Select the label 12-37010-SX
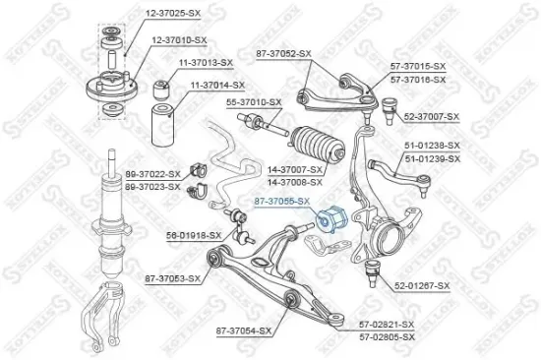pos(180,39)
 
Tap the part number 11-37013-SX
pos(206,63)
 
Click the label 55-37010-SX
pos(254,101)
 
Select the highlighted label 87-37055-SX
pos(282,201)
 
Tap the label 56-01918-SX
pos(192,236)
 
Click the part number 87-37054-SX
pos(242,330)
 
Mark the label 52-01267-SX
pos(422,285)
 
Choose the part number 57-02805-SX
pos(387,336)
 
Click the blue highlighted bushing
pos(332,214)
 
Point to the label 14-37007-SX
pos(295,170)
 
